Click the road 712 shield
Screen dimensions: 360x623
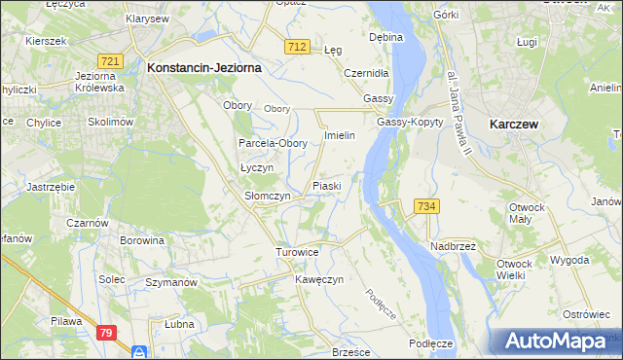pos(299,47)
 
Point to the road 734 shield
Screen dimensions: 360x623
pos(428,206)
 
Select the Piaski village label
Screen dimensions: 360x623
pos(325,185)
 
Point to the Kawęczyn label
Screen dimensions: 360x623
pos(319,279)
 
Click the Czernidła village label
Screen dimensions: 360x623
pos(368,73)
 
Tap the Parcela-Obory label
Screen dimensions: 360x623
pos(274,143)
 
